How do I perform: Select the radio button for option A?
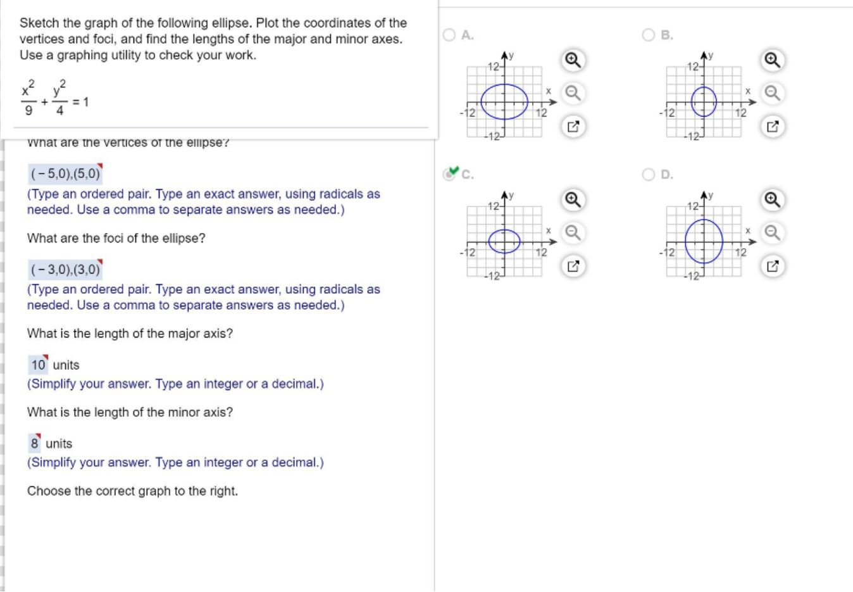[x=449, y=35]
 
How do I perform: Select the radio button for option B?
[x=649, y=35]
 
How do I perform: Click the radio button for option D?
[x=649, y=175]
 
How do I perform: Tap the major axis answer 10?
[x=38, y=365]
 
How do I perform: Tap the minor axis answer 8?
[x=35, y=443]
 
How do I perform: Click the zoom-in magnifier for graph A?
[x=572, y=60]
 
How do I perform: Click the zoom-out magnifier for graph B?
[x=772, y=94]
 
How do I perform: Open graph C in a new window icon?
[x=572, y=267]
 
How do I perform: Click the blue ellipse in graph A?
[x=482, y=101]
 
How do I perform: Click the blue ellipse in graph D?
[x=687, y=241]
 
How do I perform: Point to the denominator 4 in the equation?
[x=59, y=111]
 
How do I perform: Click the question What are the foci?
[x=116, y=239]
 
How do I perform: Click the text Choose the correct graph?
[x=132, y=491]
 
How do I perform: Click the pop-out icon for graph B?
[x=772, y=127]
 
